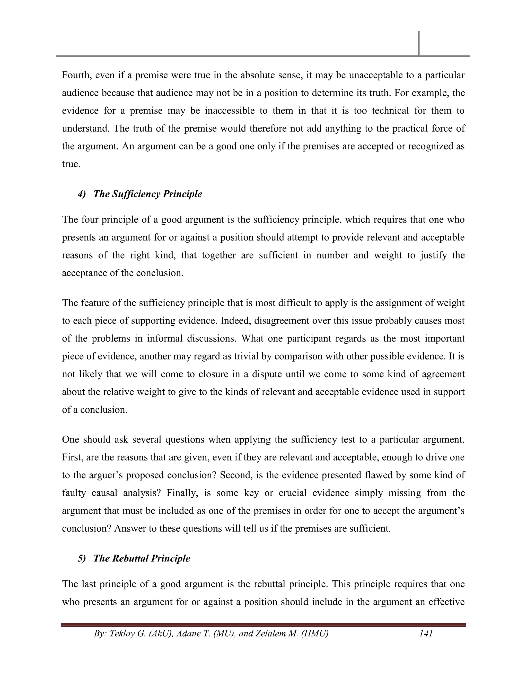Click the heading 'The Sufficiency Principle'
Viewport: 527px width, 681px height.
tap(147, 194)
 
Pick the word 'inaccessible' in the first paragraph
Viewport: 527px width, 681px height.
tap(230, 111)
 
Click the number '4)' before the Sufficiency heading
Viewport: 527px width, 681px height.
tap(82, 194)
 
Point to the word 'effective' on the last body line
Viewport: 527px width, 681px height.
tap(446, 602)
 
